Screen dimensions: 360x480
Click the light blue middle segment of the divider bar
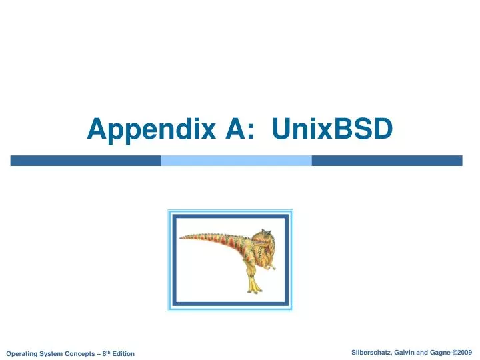[x=237, y=161]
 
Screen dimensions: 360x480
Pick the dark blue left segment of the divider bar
[x=85, y=161]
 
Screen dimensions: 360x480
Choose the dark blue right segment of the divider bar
[x=387, y=161]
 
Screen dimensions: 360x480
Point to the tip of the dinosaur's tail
[x=182, y=236]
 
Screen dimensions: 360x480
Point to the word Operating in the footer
[x=21, y=353]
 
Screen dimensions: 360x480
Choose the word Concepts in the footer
[x=79, y=353]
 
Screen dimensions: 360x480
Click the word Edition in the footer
[x=121, y=353]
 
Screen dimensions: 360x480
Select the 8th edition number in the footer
[x=103, y=353]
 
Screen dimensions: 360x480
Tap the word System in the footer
[x=52, y=353]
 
